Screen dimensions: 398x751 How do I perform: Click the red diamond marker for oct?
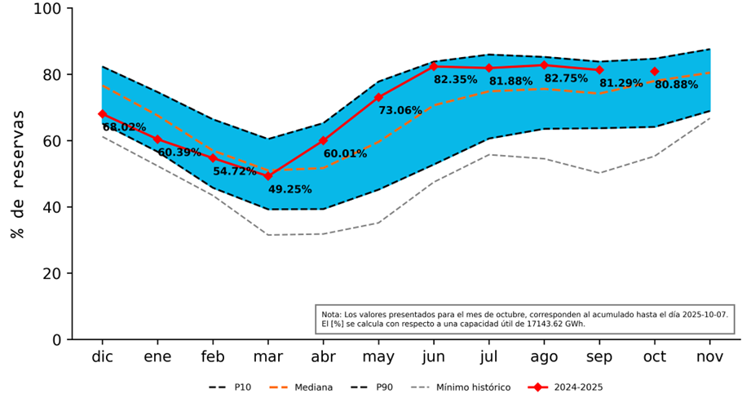[654, 72]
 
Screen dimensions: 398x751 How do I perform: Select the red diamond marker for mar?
[267, 176]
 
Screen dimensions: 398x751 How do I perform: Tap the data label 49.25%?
[289, 189]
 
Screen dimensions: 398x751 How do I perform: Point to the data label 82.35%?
[455, 80]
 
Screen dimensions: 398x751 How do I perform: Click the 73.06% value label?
[400, 110]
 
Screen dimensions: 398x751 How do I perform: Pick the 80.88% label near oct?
[676, 85]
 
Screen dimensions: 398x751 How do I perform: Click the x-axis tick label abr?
[323, 357]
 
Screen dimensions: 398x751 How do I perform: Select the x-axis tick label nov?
[709, 357]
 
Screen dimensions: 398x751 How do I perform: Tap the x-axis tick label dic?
[102, 357]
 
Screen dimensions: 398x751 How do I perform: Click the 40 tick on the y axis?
[53, 207]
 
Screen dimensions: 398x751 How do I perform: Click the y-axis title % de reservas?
[17, 174]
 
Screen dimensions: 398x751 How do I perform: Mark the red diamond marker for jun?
[434, 66]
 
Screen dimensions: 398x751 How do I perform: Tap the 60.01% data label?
[345, 153]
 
